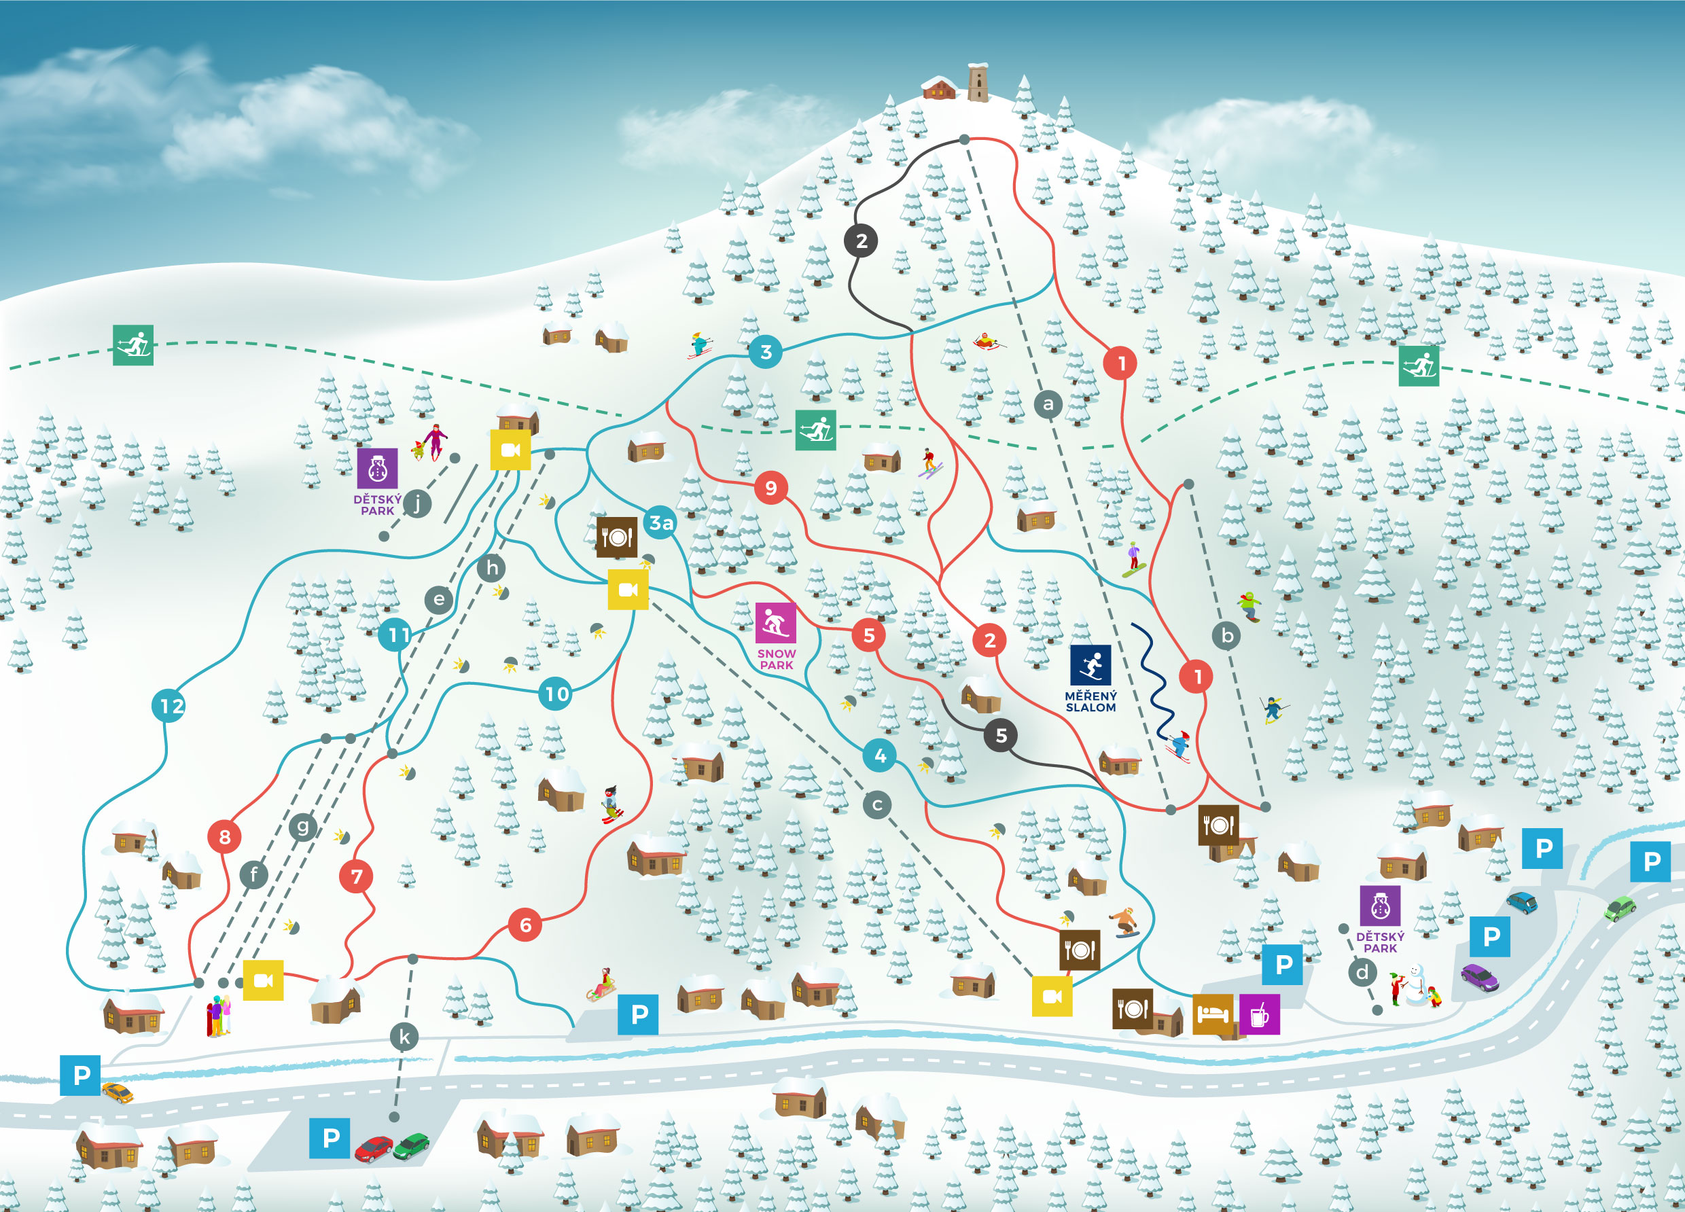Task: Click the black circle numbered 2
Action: (861, 240)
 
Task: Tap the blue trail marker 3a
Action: (660, 523)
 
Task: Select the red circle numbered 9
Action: (771, 488)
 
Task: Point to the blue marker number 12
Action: (170, 705)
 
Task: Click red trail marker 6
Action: (525, 925)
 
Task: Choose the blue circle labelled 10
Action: (556, 694)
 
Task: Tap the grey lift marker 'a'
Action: (1048, 404)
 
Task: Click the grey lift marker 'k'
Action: (404, 1036)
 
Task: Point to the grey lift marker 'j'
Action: (418, 504)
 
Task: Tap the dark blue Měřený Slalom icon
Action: (1090, 664)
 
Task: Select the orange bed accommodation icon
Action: (1213, 1014)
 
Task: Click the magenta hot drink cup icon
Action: (1259, 1014)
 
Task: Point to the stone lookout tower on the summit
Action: (978, 82)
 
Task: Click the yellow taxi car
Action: (118, 1092)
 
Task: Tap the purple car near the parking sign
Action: (1480, 977)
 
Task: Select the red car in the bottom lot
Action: (374, 1148)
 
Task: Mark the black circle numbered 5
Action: (1001, 736)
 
